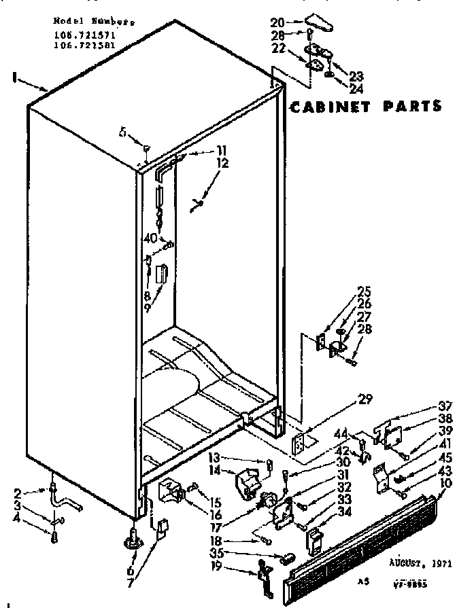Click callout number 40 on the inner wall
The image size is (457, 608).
pos(150,238)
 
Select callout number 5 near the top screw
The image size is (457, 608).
pos(122,133)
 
